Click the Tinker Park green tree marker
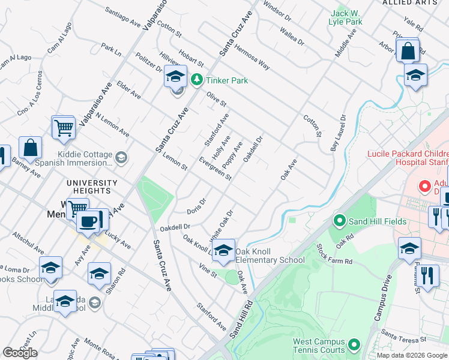(196, 79)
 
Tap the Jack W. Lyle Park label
(346, 17)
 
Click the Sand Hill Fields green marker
(339, 221)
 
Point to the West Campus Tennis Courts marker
(354, 346)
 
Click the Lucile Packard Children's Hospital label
(408, 158)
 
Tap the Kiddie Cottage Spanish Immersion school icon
(121, 157)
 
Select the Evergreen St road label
(215, 169)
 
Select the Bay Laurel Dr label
(339, 133)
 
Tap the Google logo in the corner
(20, 353)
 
